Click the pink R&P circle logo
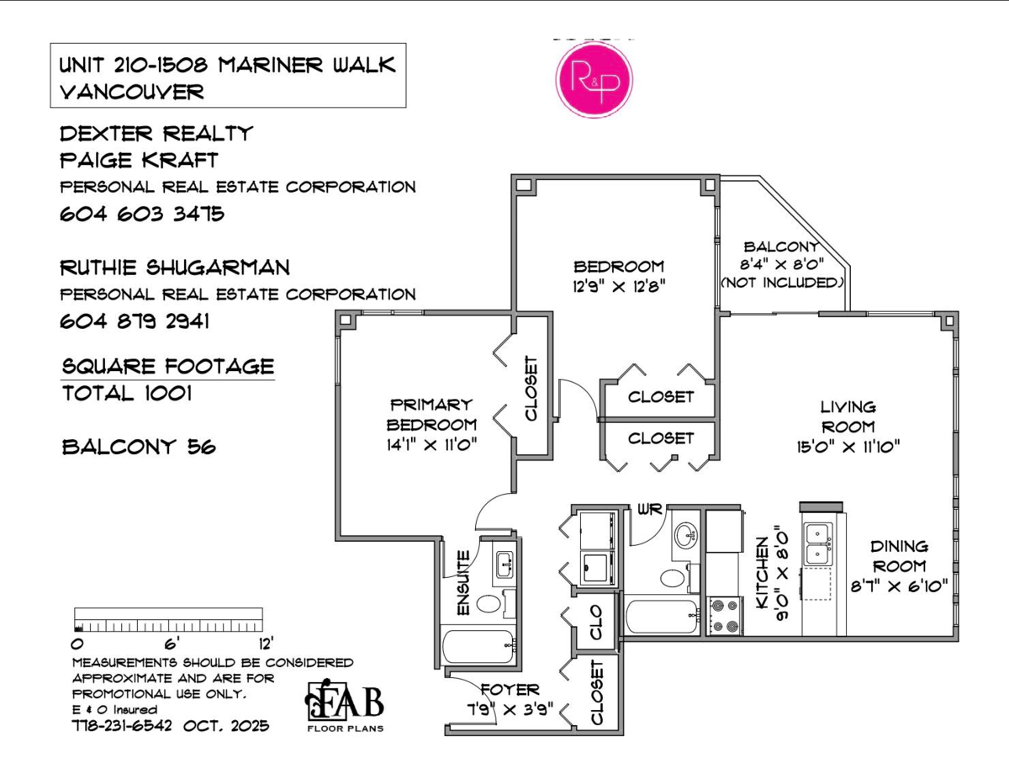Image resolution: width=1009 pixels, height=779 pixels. tap(594, 79)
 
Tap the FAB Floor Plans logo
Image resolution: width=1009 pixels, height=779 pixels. tap(345, 705)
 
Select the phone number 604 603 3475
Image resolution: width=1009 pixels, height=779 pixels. tap(142, 215)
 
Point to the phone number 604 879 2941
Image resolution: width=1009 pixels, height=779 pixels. tap(135, 321)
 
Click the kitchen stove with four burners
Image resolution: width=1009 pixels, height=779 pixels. tap(725, 617)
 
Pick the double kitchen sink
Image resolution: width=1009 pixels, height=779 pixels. tap(818, 544)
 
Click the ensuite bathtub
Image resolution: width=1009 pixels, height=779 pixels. tap(478, 647)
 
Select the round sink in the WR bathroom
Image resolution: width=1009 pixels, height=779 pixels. tap(686, 535)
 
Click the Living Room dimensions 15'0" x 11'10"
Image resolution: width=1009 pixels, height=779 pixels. tap(848, 448)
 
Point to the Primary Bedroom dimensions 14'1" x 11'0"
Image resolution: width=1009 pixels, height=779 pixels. tap(432, 445)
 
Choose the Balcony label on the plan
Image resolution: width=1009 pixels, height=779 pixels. tap(781, 246)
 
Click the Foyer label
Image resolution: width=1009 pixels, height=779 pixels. tap(510, 689)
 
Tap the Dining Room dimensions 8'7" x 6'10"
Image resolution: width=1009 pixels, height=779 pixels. tap(899, 586)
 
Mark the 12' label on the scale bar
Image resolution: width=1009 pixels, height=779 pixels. tap(266, 644)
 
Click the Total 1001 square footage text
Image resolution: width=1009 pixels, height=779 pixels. tap(127, 394)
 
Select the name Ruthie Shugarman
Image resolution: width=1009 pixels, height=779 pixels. tap(175, 268)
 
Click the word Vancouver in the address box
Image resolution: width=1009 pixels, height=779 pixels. tap(131, 92)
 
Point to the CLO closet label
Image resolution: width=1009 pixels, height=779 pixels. tap(595, 622)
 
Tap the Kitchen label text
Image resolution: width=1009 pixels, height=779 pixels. tap(763, 573)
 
